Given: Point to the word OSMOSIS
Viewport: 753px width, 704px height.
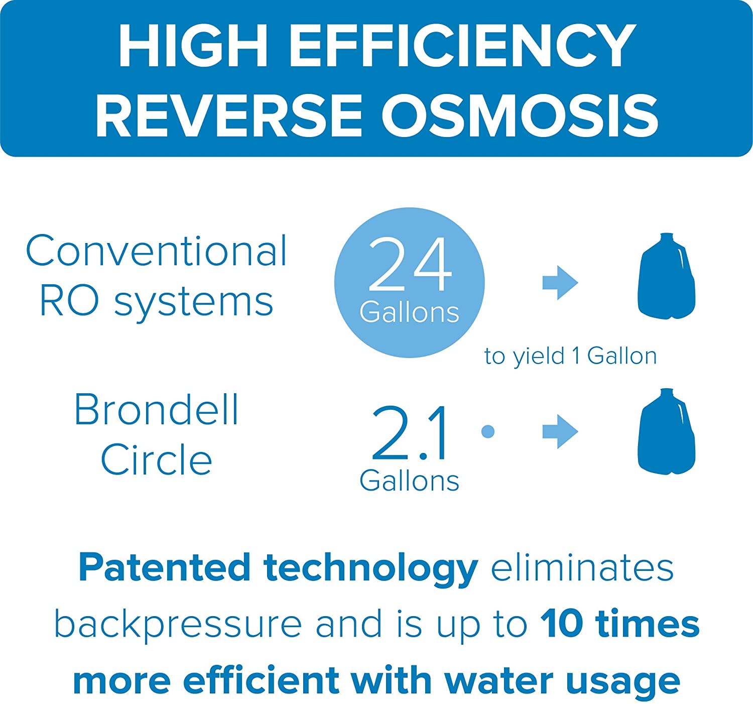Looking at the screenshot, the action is click(x=520, y=115).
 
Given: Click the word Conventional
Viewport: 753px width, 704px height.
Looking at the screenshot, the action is click(x=156, y=251).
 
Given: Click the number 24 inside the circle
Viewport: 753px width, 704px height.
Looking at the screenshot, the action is click(x=410, y=264).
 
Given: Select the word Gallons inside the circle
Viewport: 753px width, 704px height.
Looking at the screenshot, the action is click(x=410, y=312).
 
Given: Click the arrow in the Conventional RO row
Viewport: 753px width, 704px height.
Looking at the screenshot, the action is click(x=560, y=283).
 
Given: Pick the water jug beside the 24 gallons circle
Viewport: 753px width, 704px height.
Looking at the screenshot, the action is click(x=667, y=276).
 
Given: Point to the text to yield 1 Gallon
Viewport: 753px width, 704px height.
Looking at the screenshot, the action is click(x=570, y=356).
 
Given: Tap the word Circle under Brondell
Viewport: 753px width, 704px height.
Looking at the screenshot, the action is click(x=156, y=459).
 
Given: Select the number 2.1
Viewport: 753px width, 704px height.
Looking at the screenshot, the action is click(x=410, y=433).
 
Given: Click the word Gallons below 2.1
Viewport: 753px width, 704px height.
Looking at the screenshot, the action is click(x=410, y=481).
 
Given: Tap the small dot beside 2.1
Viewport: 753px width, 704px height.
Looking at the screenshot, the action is click(x=487, y=431).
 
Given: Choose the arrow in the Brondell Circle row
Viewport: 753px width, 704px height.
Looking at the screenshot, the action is click(x=560, y=432).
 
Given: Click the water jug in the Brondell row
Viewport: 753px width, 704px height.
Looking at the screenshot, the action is click(x=667, y=431).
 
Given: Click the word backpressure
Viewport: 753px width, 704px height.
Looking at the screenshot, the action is click(x=178, y=625).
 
